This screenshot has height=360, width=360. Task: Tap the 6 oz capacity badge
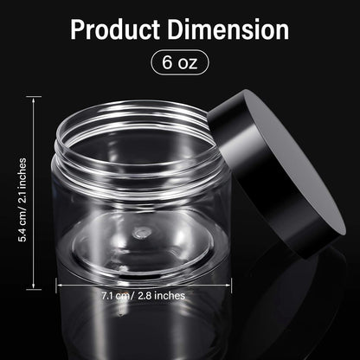179,62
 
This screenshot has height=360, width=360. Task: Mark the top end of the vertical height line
35,97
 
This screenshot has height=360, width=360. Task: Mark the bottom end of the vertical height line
35,288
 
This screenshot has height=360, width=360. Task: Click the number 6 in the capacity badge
167,62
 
